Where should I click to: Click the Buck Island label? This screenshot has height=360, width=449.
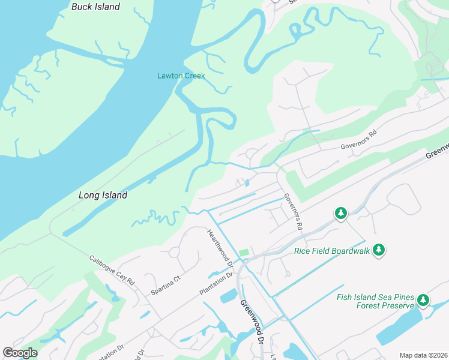(x=95, y=7)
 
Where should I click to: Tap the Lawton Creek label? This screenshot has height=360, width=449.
(x=181, y=76)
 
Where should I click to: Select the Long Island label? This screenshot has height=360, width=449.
(x=103, y=195)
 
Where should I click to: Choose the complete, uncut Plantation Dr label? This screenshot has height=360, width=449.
(x=215, y=284)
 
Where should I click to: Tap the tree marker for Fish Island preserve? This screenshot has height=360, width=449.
(x=423, y=300)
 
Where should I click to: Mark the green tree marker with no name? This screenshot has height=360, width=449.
(x=341, y=212)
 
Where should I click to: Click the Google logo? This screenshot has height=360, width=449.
(x=20, y=353)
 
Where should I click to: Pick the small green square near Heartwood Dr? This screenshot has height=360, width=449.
(x=243, y=253)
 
